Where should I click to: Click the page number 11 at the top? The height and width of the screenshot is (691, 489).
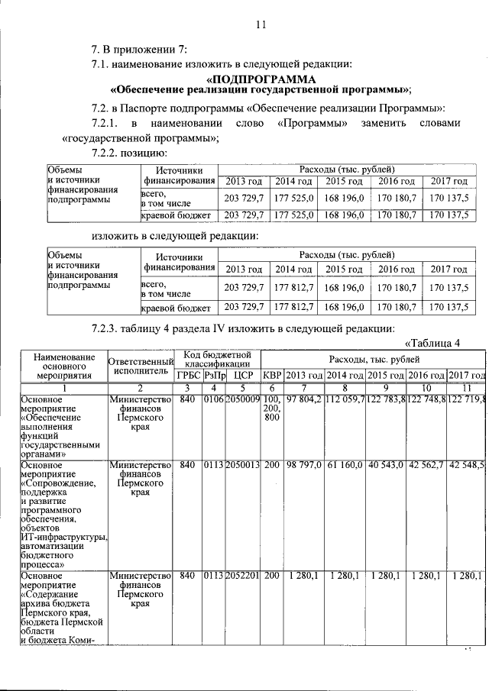click(260, 24)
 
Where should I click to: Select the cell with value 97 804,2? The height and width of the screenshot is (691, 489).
click(303, 399)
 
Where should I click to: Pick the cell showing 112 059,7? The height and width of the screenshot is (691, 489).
click(345, 399)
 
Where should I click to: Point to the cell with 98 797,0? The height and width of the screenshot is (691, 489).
click(303, 464)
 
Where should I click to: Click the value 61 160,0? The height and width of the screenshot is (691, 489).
click(345, 464)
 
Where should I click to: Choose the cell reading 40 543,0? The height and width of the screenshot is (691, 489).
click(386, 464)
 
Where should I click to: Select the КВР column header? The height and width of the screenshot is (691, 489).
click(272, 374)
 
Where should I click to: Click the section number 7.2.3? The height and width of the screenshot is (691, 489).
click(108, 328)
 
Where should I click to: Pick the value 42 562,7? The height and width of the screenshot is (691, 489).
click(426, 464)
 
